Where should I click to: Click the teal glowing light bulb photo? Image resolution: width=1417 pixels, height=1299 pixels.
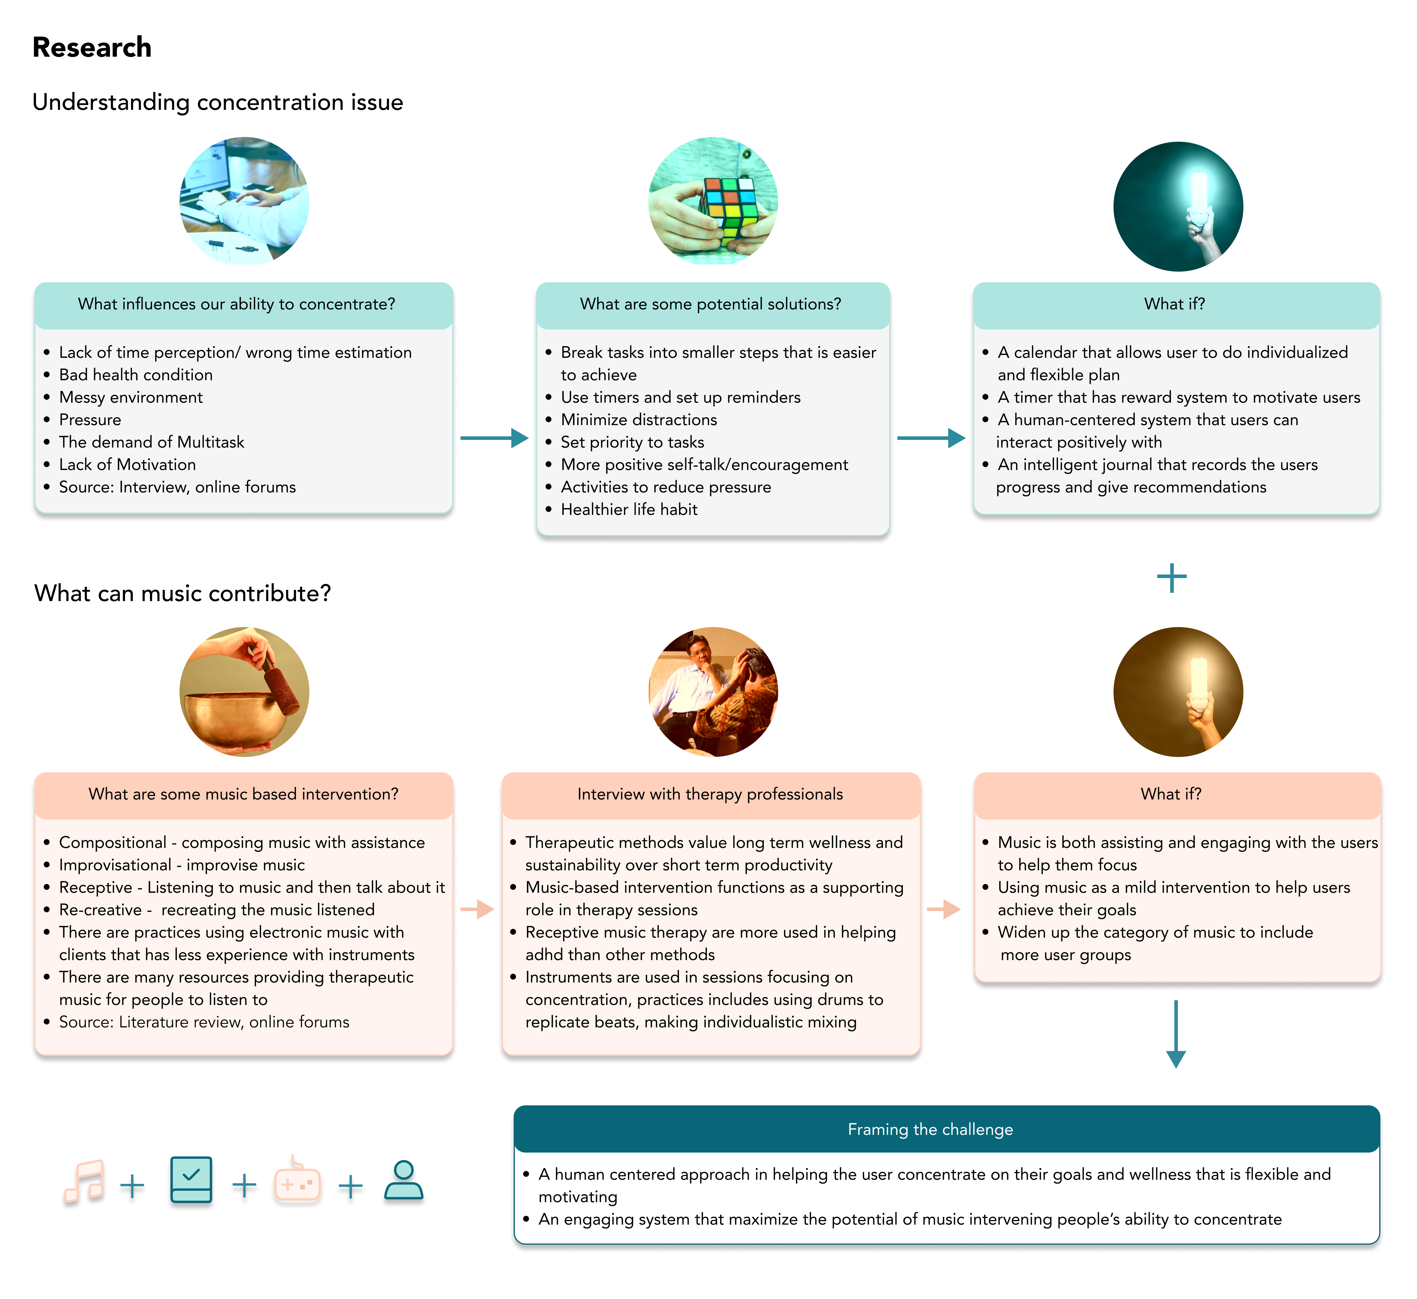[1178, 207]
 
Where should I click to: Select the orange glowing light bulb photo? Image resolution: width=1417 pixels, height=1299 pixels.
[1178, 692]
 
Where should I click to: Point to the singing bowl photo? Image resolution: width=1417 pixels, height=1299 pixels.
[244, 692]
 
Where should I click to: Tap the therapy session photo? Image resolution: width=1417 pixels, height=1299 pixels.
[713, 692]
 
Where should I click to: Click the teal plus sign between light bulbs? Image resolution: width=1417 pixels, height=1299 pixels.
[1172, 578]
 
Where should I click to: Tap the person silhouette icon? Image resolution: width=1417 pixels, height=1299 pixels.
[404, 1180]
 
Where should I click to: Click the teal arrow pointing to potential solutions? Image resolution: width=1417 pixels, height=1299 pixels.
[494, 438]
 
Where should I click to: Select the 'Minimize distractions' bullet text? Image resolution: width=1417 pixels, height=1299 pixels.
[639, 420]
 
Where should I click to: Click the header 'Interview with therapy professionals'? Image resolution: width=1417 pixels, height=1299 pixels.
[710, 794]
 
